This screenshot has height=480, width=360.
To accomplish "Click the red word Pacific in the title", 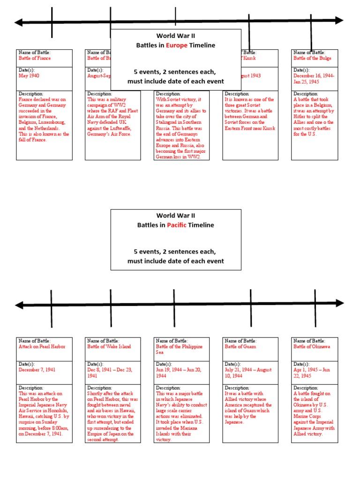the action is [x=176, y=225].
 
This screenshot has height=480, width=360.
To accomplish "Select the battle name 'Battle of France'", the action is [x=35, y=59].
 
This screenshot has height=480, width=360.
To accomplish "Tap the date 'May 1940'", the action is [x=29, y=75].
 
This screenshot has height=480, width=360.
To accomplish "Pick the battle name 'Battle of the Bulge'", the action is [x=312, y=59].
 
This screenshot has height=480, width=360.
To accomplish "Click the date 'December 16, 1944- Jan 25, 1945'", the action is [x=314, y=78].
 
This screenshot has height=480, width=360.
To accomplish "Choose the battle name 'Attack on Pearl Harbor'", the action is [x=42, y=347].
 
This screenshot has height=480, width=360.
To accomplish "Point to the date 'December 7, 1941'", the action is [x=37, y=370].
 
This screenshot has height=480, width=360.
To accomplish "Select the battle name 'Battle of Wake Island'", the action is [x=109, y=347].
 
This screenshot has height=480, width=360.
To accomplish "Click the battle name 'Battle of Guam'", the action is [x=240, y=347].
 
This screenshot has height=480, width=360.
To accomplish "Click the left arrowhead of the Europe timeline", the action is [x=19, y=22].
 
